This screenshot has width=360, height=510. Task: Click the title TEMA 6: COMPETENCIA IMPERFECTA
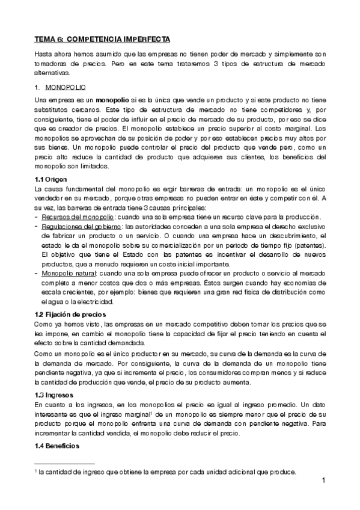(103, 39)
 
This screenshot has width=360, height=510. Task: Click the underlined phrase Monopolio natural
(69, 273)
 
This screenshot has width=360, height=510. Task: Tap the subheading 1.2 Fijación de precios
(70, 315)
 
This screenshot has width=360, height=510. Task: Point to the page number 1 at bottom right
(323, 480)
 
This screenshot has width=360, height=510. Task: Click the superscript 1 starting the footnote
(35, 471)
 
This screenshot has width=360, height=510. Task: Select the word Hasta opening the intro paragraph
(43, 54)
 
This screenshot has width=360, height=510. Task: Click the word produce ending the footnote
(285, 472)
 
